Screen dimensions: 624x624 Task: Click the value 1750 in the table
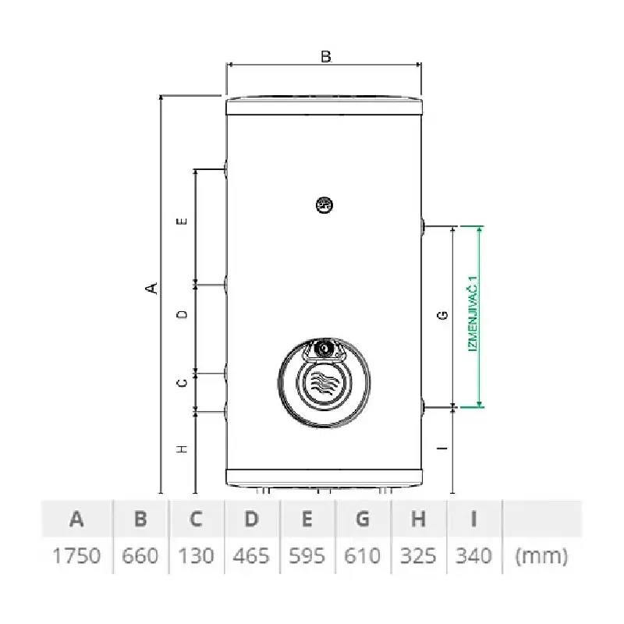coord(76,555)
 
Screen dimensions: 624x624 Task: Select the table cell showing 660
coord(140,555)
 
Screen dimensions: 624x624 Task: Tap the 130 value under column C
coord(196,555)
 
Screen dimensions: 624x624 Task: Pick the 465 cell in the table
coord(251,555)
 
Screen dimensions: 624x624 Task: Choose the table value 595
coord(307,555)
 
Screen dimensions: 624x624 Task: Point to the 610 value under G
coord(362,555)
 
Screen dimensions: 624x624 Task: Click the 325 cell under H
coord(418,555)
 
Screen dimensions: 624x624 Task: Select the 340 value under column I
coord(473,555)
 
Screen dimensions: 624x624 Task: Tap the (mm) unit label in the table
coord(541,556)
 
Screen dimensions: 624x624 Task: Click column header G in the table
coord(362,519)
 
